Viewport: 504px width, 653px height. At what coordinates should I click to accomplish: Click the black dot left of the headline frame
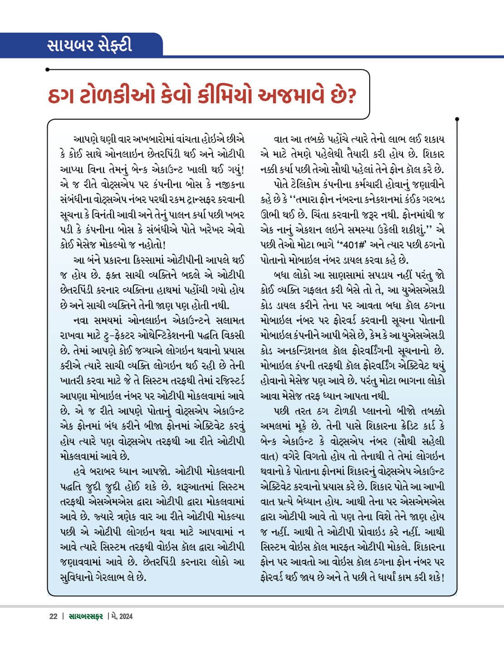pos(48,70)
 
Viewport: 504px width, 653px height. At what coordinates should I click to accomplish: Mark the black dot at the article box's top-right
pos(457,120)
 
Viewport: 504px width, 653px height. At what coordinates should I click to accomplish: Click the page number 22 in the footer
pos(53,616)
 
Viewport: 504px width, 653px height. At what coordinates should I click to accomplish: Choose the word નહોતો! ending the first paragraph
pos(150,244)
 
